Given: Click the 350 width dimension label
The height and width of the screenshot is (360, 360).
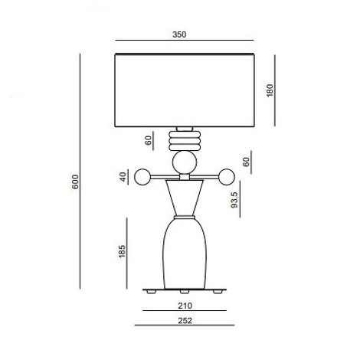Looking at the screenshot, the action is (179, 34).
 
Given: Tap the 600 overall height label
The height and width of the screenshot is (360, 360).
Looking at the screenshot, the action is (75, 182).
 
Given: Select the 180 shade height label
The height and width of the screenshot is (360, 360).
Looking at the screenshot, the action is (270, 90).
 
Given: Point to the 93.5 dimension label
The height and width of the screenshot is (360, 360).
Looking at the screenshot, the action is (234, 199).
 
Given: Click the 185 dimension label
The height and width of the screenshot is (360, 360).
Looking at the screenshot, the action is (123, 251).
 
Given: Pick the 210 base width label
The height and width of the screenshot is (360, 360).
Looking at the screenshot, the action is (185, 306).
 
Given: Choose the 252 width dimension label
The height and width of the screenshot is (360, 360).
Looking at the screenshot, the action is (185, 320).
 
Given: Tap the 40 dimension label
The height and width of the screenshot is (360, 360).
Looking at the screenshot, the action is (123, 177).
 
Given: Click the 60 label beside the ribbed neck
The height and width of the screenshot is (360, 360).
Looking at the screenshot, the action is (149, 140).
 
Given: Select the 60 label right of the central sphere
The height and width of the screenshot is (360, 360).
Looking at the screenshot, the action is (246, 162).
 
